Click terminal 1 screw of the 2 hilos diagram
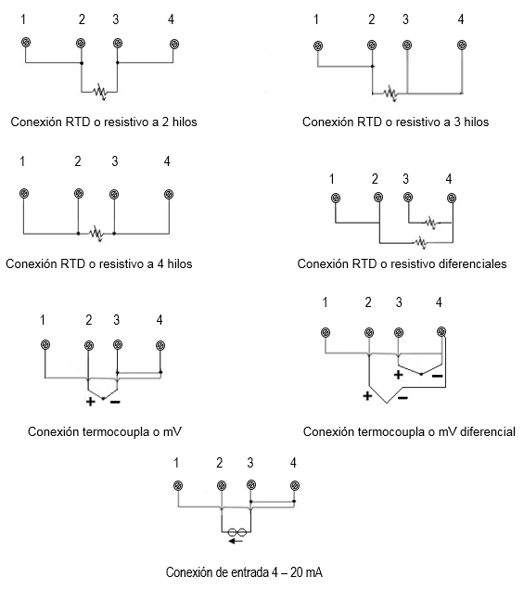26,43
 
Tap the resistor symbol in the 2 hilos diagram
100,92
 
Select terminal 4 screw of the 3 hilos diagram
462,45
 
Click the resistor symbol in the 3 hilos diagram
390,93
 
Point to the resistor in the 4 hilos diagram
96,234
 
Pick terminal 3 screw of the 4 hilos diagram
114,194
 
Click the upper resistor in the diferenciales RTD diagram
431,223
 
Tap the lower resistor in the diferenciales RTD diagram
421,243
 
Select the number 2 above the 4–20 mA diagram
220,462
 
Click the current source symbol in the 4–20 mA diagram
237,532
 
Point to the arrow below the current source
236,541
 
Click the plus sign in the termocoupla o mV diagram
90,402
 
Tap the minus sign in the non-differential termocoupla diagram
115,403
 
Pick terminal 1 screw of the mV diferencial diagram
326,332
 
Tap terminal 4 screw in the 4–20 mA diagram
295,485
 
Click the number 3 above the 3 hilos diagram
405,19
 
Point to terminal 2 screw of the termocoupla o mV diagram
89,345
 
